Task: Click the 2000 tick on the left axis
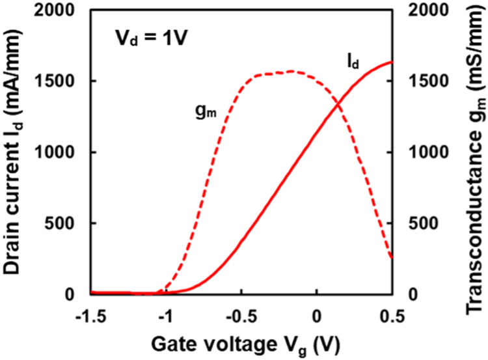[x=59, y=10]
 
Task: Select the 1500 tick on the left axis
[x=59, y=81]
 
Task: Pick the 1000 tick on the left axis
[x=59, y=152]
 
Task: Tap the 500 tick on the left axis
[x=65, y=223]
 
